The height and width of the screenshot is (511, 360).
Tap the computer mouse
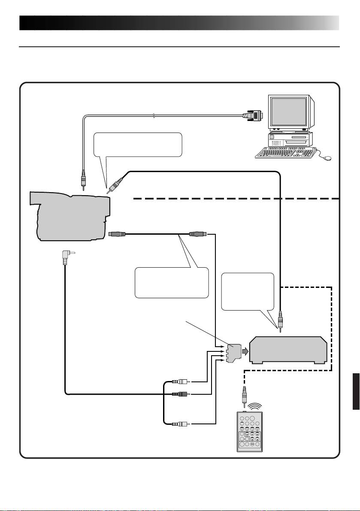(x=327, y=158)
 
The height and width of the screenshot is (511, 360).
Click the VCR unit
(x=288, y=350)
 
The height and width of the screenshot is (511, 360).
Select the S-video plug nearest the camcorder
(x=117, y=234)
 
